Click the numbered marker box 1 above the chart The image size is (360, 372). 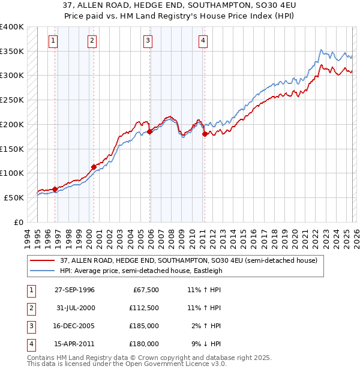[x=53, y=41]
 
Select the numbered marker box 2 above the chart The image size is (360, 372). [x=92, y=41]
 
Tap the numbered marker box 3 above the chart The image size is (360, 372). [x=147, y=41]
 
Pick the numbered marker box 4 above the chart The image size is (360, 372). [x=203, y=41]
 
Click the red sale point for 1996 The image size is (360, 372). [x=55, y=189]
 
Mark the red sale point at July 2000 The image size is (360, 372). [x=93, y=167]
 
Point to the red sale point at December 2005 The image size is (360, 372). [x=149, y=131]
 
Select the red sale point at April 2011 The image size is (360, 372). [x=205, y=134]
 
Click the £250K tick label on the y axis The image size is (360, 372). [x=11, y=100]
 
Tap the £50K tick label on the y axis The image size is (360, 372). [x=13, y=197]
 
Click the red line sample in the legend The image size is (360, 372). [x=43, y=260]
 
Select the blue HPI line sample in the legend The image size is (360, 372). [x=43, y=271]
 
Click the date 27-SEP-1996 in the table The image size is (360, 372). [x=74, y=290]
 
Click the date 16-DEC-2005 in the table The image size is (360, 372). [x=74, y=326]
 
